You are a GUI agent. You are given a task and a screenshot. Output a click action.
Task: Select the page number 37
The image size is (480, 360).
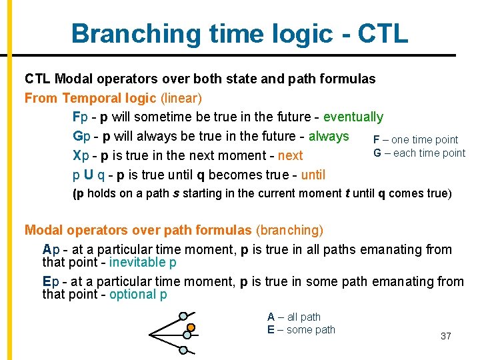point(446,336)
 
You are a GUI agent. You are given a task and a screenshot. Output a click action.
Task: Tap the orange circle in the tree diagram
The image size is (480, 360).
point(190,328)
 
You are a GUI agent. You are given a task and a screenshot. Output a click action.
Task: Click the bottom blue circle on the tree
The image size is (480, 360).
point(184,349)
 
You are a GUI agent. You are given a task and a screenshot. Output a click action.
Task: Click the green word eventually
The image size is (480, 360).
point(353,117)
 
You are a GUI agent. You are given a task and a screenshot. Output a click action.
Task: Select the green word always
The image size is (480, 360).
point(329,137)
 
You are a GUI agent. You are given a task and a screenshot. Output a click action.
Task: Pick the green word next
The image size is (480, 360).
point(290,155)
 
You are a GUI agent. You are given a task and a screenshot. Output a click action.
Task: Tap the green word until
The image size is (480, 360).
point(313,175)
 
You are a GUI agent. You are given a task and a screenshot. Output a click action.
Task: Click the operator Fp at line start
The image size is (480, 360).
point(80,117)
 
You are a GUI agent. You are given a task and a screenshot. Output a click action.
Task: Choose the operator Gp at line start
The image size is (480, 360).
point(80,137)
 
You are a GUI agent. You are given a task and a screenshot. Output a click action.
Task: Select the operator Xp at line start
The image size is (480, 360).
point(80,155)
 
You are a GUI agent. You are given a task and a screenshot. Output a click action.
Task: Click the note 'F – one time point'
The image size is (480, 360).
point(415,140)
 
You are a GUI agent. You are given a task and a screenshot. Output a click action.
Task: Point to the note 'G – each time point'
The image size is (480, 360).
point(419,153)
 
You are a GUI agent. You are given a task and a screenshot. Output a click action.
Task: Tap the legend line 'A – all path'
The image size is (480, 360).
point(294,317)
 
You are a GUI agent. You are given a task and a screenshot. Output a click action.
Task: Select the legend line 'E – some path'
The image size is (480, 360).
point(301,330)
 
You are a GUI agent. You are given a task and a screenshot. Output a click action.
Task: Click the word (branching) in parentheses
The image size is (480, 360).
point(289,231)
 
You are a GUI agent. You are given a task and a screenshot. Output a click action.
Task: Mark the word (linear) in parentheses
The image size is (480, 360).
point(181,99)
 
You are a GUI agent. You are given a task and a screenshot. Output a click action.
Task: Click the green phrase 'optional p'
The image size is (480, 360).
point(138,295)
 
